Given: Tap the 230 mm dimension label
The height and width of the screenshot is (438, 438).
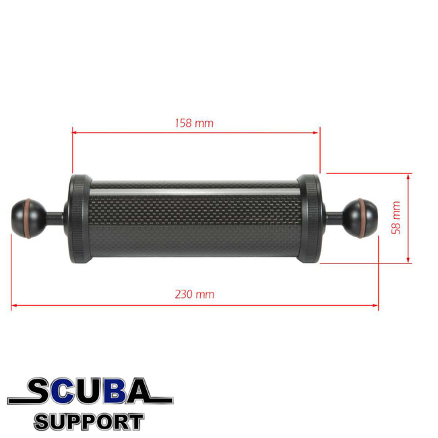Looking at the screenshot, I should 194,294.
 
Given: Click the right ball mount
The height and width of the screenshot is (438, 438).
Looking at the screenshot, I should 361,217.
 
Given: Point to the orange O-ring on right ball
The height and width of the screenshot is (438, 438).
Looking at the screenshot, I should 373,217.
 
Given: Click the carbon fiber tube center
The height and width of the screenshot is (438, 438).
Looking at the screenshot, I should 194,219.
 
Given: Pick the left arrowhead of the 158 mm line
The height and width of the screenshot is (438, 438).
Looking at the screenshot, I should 75,133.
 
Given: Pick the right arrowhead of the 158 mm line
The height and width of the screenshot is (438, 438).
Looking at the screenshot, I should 317,133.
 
